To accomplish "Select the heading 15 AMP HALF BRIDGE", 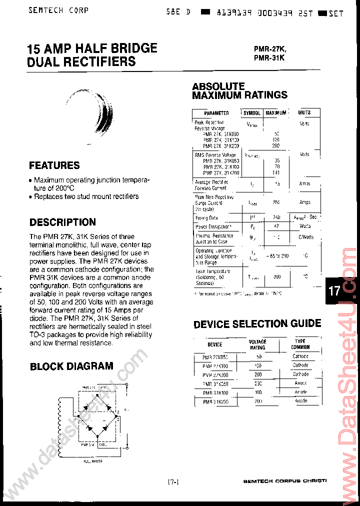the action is click(92, 48).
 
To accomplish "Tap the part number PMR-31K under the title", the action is click(269, 57).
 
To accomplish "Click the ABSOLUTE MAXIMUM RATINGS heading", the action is click(239, 90).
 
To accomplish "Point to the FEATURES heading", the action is click(54, 165).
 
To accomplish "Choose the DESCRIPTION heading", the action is click(62, 222).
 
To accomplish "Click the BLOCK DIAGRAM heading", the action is click(71, 366).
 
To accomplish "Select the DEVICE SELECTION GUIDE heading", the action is click(257, 324).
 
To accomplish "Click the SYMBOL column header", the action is click(252, 113).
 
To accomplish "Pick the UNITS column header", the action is click(304, 113).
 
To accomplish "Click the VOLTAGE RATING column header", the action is click(257, 344).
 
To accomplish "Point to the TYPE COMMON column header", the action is click(300, 344).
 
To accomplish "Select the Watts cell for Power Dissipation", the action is click(304, 226).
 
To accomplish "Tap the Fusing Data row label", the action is click(206, 218).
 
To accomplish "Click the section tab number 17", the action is click(334, 291).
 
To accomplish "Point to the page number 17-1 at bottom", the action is click(173, 482).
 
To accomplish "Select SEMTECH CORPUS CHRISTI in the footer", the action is click(284, 481).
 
